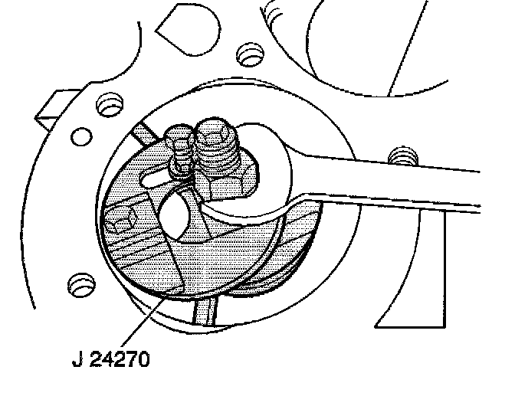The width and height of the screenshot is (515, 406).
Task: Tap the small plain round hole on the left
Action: [x=79, y=138]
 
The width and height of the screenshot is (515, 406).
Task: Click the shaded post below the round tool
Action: [x=205, y=310]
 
